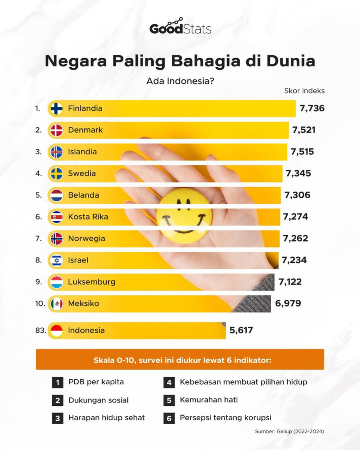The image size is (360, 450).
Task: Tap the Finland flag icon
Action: click(57, 108)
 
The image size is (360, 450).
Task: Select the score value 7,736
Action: click(311, 108)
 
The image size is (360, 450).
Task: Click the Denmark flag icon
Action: click(57, 130)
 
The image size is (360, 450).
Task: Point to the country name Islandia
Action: click(82, 152)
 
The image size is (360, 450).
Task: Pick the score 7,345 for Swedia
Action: click(298, 173)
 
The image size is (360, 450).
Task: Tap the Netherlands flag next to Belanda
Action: click(57, 195)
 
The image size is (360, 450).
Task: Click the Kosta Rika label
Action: click(88, 217)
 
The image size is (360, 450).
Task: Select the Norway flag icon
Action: click(57, 238)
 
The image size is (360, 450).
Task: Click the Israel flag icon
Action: click(57, 260)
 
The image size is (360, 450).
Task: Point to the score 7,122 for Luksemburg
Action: click(290, 282)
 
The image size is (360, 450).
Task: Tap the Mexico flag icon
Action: click(57, 304)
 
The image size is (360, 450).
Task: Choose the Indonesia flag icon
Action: click(57, 330)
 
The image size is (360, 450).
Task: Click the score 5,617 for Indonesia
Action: click(241, 330)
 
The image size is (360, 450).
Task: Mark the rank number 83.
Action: click(40, 330)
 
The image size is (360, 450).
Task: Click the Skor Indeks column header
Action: click(304, 91)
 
